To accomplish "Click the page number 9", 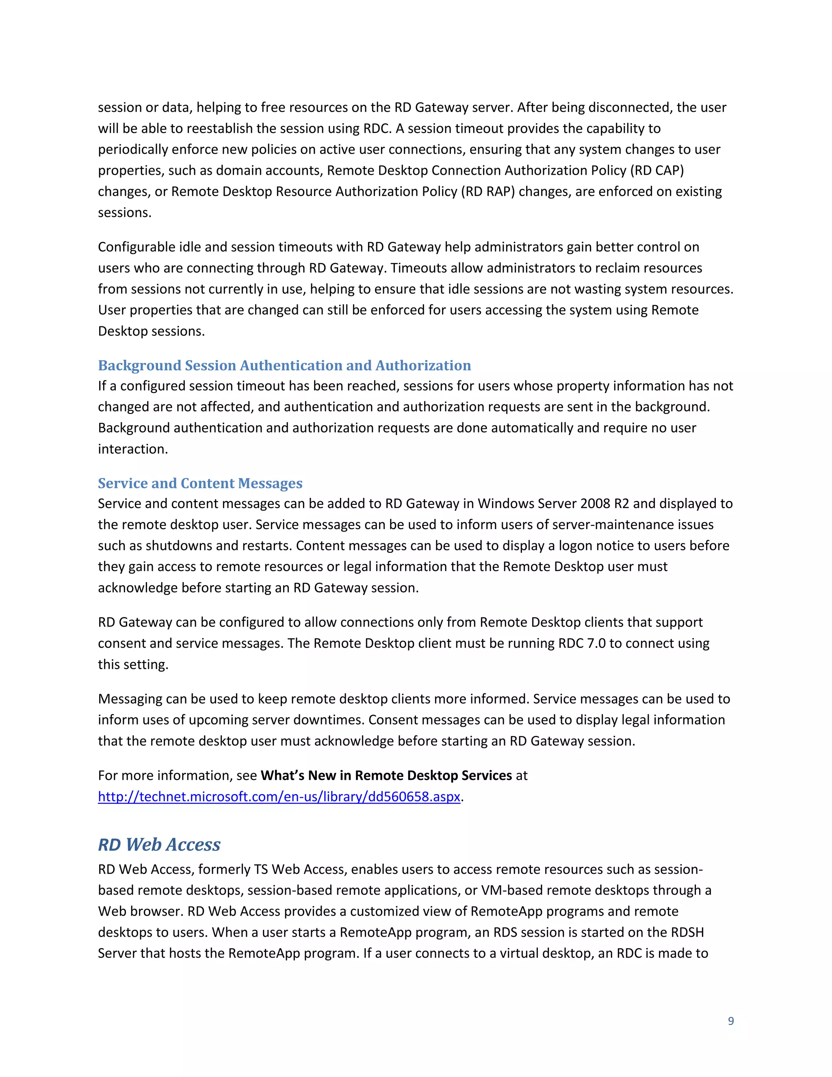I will (x=730, y=1021).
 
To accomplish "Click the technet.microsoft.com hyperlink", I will (x=279, y=797).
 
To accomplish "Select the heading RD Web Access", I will (x=159, y=844).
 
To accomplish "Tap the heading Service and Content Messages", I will (x=200, y=483).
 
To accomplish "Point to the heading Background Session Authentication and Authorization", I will (x=284, y=365).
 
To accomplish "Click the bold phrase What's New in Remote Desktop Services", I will (x=386, y=775).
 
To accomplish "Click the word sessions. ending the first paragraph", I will (x=125, y=213).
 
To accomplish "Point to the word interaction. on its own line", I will (x=132, y=449).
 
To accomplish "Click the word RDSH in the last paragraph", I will (x=688, y=932).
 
